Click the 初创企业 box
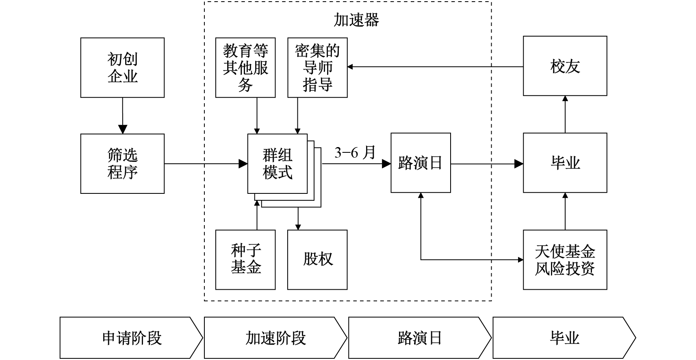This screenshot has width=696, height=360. (x=122, y=68)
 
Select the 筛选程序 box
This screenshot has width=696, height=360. (x=122, y=164)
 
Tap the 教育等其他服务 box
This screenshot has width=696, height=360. (x=245, y=68)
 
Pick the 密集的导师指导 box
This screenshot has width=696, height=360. (x=317, y=68)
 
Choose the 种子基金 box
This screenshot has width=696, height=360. (x=245, y=260)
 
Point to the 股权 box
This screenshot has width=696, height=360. (x=317, y=260)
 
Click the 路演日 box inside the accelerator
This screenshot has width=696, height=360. (x=421, y=163)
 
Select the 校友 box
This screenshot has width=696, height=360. (x=565, y=66)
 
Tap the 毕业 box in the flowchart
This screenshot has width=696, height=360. (x=565, y=163)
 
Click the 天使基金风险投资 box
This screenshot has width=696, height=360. (x=565, y=260)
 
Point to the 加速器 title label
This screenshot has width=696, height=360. (x=356, y=20)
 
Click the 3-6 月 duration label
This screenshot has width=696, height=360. (x=355, y=153)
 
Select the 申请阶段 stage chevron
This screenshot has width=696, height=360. (x=131, y=338)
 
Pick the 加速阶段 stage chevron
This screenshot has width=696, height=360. (x=275, y=338)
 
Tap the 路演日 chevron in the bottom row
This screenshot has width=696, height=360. (x=420, y=338)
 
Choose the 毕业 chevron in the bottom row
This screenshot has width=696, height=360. (x=564, y=338)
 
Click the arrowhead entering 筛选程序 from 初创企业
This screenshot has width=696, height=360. (x=122, y=130)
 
